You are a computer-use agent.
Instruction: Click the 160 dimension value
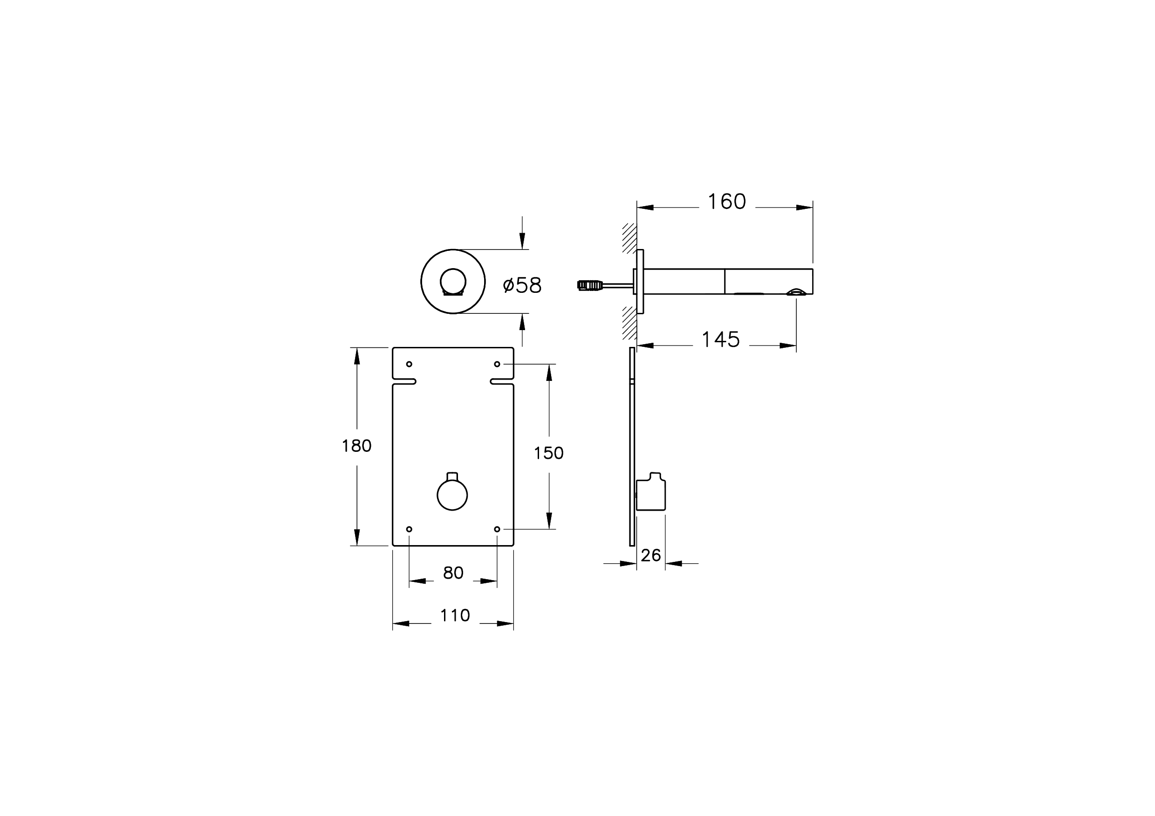pos(726,202)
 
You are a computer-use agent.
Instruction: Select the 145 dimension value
pos(720,340)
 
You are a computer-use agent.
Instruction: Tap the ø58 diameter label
pos(522,285)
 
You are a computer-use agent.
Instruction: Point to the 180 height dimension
pos(357,446)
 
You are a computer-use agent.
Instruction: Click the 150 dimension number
pos(548,454)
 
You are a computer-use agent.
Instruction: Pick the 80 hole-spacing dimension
pos(453,573)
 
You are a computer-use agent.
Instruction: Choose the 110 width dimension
pos(455,615)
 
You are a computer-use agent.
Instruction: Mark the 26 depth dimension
pos(651,556)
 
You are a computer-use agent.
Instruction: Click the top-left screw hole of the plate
pos(409,364)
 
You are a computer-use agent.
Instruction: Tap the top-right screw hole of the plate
pos(497,364)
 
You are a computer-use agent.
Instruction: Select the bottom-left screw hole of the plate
pos(409,529)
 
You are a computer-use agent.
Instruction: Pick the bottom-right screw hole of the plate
pos(497,529)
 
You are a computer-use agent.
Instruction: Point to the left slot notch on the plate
pos(404,381)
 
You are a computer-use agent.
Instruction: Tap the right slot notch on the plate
pos(502,381)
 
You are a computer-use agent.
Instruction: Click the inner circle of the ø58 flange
pos(453,281)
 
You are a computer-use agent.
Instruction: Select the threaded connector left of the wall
pos(589,285)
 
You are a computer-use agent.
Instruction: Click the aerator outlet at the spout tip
pos(796,291)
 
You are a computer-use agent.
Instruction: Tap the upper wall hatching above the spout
pos(629,238)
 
